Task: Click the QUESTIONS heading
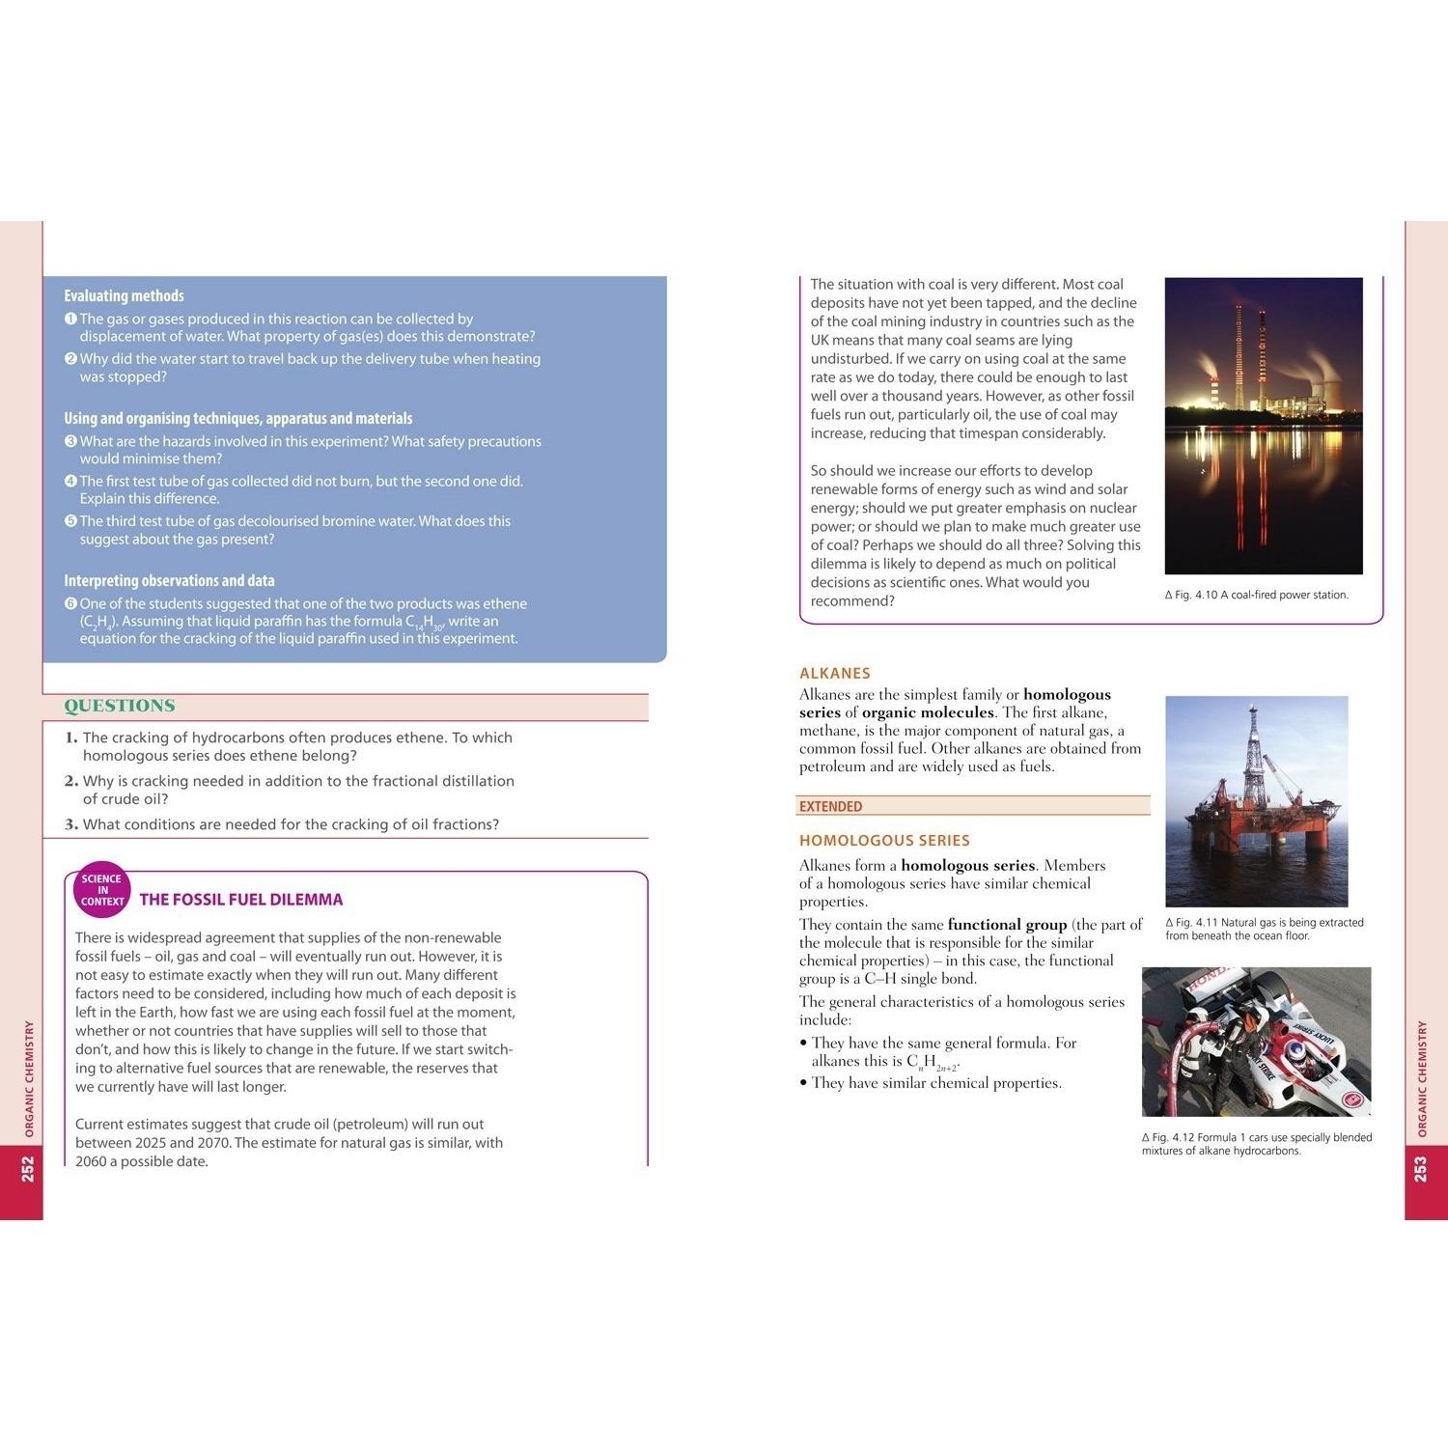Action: pyautogui.click(x=120, y=706)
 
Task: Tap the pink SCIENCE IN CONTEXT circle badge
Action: pyautogui.click(x=102, y=889)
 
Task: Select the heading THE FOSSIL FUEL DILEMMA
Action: pyautogui.click(x=241, y=900)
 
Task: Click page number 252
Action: pyautogui.click(x=28, y=1169)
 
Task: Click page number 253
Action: pyautogui.click(x=1420, y=1169)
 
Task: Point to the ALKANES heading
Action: pyautogui.click(x=835, y=673)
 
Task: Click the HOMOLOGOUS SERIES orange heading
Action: pyautogui.click(x=884, y=841)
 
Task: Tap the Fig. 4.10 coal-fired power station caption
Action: pyautogui.click(x=1257, y=595)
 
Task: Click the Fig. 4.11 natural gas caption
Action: pyautogui.click(x=1264, y=929)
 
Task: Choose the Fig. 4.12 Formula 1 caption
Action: pyautogui.click(x=1256, y=1144)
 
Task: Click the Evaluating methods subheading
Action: pyautogui.click(x=124, y=296)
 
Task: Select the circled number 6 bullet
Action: pyautogui.click(x=70, y=603)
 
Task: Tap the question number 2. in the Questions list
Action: pyautogui.click(x=71, y=781)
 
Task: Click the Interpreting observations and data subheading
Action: pyautogui.click(x=169, y=580)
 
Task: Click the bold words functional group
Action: pyautogui.click(x=1007, y=925)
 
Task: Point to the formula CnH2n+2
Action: pyautogui.click(x=933, y=1063)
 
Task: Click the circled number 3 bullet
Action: pyautogui.click(x=70, y=441)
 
